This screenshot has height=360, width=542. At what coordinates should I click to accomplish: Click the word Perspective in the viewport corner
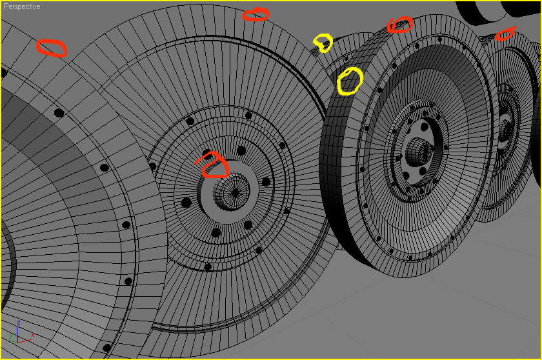(x=22, y=6)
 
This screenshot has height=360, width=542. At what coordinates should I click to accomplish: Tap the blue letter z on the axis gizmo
(x=19, y=323)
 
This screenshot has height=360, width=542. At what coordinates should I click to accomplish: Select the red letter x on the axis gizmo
(x=33, y=334)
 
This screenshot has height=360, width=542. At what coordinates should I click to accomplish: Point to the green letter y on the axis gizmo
(x=11, y=335)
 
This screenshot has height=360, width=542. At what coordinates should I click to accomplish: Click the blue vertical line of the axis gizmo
(x=17, y=334)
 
